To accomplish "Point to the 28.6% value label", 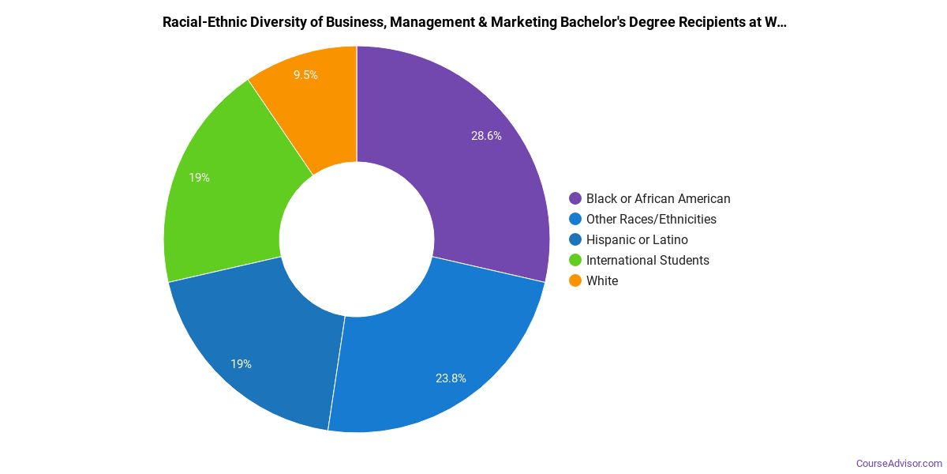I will pos(486,136).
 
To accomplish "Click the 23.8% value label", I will pos(451,378).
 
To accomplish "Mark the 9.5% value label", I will pos(305,75).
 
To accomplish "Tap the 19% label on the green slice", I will pos(199,178).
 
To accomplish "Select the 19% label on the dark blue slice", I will pos(241,364).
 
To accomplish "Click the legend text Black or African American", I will pos(658,198).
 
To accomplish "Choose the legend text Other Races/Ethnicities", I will pos(651,219).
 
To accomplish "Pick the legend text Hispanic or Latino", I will pos(637,239).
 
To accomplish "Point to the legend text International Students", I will pos(647,260).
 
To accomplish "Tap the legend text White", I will pos(602,280).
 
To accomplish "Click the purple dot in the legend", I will pos(575,198).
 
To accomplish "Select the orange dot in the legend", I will pos(575,280).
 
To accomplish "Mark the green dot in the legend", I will pos(575,260).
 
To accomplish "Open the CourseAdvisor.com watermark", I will pos(899,463).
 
